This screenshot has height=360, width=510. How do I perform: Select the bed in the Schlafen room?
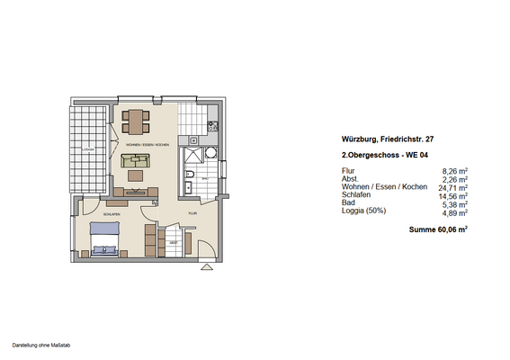click(104, 239)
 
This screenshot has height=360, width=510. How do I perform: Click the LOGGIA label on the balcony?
click(88, 149)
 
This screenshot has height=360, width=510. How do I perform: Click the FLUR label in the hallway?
click(192, 213)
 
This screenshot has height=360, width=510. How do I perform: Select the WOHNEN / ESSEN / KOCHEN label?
click(148, 144)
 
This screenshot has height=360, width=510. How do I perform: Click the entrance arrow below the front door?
click(206, 267)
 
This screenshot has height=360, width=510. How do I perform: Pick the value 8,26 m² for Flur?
click(454, 170)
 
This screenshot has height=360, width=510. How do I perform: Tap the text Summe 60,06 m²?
click(437, 230)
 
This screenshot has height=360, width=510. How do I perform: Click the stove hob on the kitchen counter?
click(213, 127)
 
